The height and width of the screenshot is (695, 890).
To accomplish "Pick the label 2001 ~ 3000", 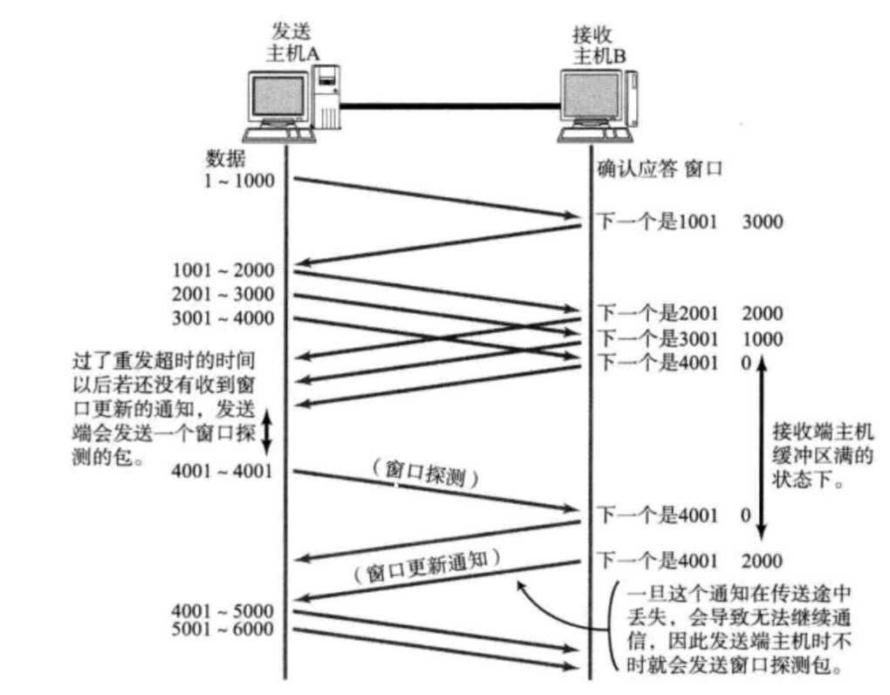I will (223, 295).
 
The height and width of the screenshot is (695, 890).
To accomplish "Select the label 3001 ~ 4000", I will (223, 318).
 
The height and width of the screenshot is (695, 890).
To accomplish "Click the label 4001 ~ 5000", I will (223, 610).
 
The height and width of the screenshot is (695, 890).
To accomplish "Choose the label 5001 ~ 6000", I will (223, 629).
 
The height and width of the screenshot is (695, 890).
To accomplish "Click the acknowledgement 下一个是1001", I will (656, 221).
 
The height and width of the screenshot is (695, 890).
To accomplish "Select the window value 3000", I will (762, 221).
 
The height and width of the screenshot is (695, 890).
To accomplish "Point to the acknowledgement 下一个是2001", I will (656, 314).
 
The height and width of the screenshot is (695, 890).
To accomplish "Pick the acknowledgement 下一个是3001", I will (656, 338).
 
